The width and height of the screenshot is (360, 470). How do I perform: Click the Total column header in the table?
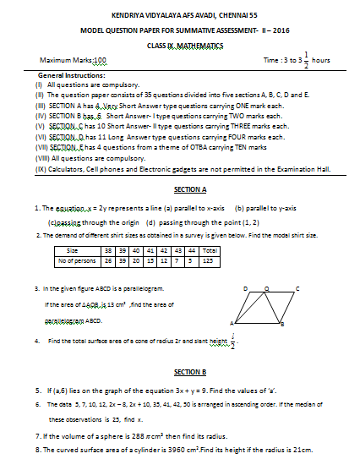pyautogui.click(x=210, y=250)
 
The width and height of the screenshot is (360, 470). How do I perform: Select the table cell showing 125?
pyautogui.click(x=210, y=260)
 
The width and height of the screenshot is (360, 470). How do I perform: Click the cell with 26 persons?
pyautogui.click(x=108, y=260)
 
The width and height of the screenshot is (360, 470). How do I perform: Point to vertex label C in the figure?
pyautogui.click(x=297, y=287)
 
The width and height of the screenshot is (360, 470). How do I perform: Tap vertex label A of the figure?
pyautogui.click(x=232, y=324)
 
